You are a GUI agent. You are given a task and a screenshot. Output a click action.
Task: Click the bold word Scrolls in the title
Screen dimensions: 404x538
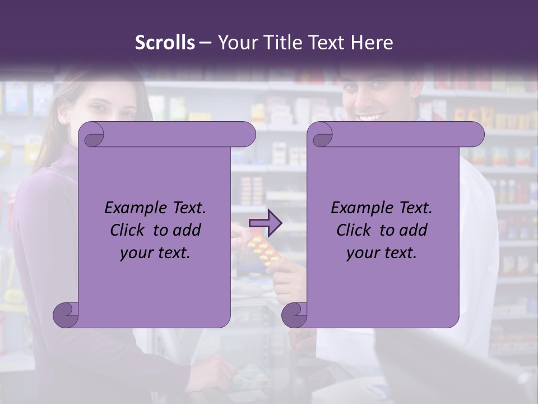[165, 43]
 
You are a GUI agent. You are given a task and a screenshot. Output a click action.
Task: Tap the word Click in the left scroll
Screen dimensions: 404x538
[128, 230]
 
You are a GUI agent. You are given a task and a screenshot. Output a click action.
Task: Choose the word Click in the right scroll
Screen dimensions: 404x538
[354, 230]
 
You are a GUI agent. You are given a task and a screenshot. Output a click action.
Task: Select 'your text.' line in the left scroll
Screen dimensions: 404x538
[155, 253]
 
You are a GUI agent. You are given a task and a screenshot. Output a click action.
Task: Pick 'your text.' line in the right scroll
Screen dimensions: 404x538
[382, 253]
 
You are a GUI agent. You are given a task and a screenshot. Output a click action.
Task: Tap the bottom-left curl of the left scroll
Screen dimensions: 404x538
[66, 314]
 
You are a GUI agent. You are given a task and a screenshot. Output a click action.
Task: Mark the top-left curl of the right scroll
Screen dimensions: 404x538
[322, 134]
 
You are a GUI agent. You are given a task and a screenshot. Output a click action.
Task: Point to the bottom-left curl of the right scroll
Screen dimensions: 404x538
[294, 314]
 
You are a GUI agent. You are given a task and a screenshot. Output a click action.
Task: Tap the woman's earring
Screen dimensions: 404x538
[63, 121]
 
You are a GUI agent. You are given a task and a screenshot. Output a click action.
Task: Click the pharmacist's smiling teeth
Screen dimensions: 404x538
[370, 116]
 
